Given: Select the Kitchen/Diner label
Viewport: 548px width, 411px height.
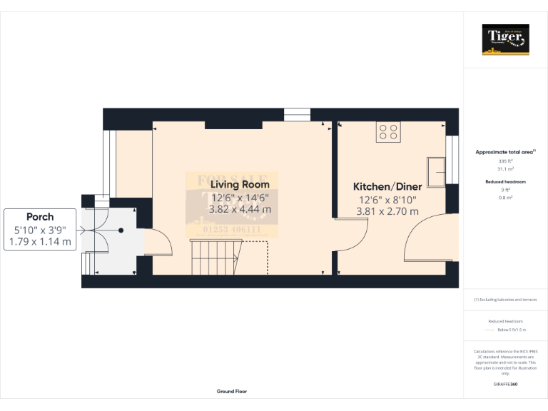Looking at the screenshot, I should tap(387, 186).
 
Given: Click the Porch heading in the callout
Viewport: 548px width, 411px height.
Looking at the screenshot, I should tap(40, 217).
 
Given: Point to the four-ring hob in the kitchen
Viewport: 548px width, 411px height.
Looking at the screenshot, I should tap(389, 132).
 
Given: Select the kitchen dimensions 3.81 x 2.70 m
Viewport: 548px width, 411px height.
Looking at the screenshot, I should tap(387, 211).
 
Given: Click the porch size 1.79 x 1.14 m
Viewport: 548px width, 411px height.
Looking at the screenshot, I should tap(40, 242).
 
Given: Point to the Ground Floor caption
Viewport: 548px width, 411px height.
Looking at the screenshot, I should tap(232, 392).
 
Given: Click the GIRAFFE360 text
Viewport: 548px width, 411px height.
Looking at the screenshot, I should tap(505, 385).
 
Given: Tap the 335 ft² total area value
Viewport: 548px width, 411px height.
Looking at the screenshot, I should tap(505, 161).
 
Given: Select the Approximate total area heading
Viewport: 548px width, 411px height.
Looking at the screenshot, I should tap(505, 152).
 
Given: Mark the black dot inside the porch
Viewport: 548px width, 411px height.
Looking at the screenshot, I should tap(121, 230).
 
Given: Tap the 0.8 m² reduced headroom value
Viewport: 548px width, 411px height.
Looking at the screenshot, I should tap(505, 196).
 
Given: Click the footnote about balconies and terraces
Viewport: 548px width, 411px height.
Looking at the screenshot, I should tap(505, 300).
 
